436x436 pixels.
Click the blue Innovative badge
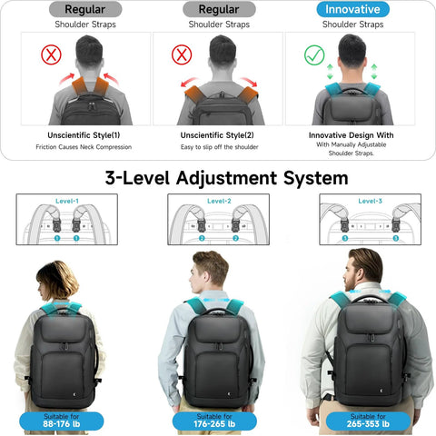pyautogui.click(x=352, y=9)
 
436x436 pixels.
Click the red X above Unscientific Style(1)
pyautogui.click(x=50, y=55)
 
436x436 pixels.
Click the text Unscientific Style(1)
pyautogui.click(x=77, y=134)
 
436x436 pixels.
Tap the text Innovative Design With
pyautogui.click(x=351, y=134)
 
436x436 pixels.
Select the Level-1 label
pyautogui.click(x=65, y=201)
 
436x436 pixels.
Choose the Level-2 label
pyautogui.click(x=219, y=201)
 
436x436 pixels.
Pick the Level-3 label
pyautogui.click(x=371, y=201)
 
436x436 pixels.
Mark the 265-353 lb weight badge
pyautogui.click(x=369, y=421)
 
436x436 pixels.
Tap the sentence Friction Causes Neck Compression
pyautogui.click(x=77, y=147)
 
